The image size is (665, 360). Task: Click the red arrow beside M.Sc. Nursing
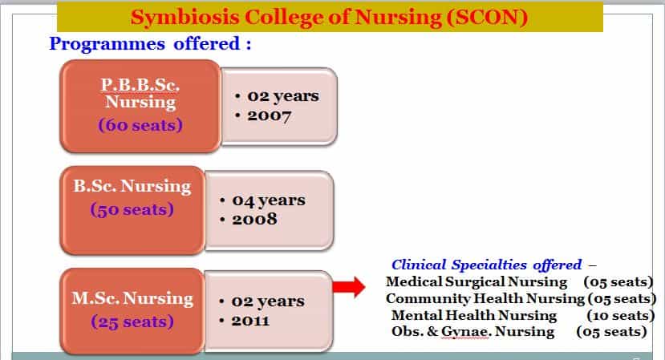tap(349, 287)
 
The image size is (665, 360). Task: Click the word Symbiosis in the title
tap(184, 18)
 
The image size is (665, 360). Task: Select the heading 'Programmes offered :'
tap(150, 43)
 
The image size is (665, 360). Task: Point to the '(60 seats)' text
tap(140, 125)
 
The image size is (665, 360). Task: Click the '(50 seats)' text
tap(132, 209)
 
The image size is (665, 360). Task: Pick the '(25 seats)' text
tap(132, 322)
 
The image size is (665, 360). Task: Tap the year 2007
tap(269, 115)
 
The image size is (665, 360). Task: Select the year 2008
tap(254, 219)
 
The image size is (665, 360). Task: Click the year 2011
tap(250, 321)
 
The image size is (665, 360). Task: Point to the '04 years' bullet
tap(269, 200)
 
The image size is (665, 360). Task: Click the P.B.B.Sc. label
tap(140, 85)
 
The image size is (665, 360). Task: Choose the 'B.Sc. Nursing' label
tap(132, 186)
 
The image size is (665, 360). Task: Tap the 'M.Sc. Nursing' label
tap(132, 298)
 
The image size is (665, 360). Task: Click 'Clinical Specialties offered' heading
tap(486, 265)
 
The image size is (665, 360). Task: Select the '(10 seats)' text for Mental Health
tap(620, 315)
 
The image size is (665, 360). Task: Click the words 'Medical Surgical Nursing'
tap(476, 282)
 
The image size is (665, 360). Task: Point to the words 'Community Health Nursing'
tap(485, 299)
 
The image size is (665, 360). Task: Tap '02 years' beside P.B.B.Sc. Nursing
tap(283, 96)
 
